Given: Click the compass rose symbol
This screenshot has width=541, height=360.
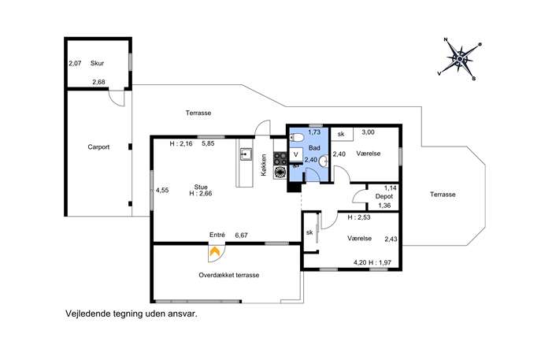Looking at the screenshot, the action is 460,59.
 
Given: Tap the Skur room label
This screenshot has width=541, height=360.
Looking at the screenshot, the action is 97,63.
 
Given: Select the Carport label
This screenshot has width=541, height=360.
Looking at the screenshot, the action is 98,147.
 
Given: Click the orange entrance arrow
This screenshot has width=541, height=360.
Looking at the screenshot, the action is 214,251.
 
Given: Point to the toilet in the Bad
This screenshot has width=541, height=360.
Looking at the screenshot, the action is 296,138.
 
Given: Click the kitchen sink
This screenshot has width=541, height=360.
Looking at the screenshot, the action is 246,154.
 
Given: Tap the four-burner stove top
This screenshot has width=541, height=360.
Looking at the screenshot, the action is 280,159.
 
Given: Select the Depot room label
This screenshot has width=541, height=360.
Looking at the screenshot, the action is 384,196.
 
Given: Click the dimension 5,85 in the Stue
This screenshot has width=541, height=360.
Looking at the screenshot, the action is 208,143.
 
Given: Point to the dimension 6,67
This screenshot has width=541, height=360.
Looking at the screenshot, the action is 241,235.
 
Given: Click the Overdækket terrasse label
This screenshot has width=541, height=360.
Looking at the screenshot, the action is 228,275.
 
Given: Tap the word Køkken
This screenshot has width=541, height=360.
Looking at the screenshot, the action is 264,165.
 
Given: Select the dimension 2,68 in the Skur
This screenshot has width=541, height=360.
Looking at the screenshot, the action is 98,82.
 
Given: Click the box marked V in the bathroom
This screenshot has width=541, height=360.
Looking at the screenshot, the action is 295,154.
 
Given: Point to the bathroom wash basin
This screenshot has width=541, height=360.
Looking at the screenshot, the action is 324,161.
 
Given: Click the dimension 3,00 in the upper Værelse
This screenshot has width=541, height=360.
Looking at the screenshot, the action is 368,132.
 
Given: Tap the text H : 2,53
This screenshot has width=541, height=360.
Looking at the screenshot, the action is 359,217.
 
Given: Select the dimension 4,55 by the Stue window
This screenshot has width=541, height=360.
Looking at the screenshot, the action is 162,190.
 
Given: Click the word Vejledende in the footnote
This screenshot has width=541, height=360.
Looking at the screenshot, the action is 83,314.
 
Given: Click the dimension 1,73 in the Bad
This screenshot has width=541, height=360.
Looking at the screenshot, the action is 314,132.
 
